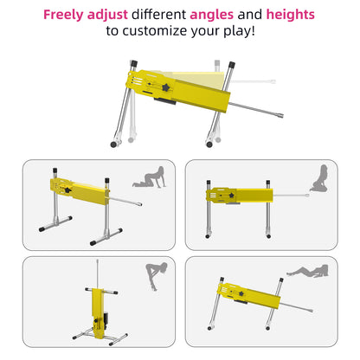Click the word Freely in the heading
click(63, 15)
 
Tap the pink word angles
click(212, 15)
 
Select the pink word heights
click(290, 15)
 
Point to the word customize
click(154, 31)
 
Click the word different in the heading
click(158, 15)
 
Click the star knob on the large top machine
click(166, 87)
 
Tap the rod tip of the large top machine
click(280, 115)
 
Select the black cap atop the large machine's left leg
click(133, 63)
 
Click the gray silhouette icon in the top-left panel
click(150, 177)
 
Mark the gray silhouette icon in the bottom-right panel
click(307, 272)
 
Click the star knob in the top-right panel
click(232, 196)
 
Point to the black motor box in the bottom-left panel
click(106, 318)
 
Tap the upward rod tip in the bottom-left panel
click(98, 260)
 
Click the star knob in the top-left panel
click(68, 190)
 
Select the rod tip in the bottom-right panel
click(311, 311)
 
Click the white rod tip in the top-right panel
click(307, 196)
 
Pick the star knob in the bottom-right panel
click(241, 294)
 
